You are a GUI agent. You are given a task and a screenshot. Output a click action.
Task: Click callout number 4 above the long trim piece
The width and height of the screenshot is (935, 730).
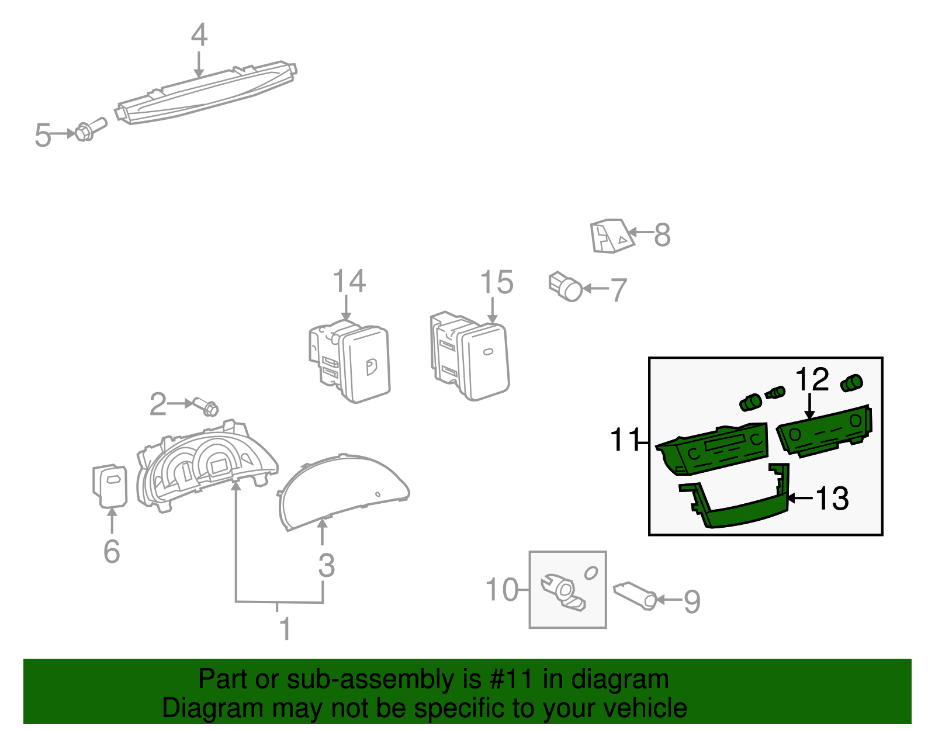pyautogui.click(x=199, y=35)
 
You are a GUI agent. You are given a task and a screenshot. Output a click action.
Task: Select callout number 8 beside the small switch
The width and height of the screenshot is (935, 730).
pyautogui.click(x=662, y=235)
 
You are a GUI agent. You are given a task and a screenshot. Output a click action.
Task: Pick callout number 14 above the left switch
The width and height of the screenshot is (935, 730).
pyautogui.click(x=349, y=281)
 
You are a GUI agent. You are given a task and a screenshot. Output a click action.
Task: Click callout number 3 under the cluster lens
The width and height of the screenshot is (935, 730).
pyautogui.click(x=327, y=565)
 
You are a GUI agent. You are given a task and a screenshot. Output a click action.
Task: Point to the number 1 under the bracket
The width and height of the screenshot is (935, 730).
pyautogui.click(x=285, y=629)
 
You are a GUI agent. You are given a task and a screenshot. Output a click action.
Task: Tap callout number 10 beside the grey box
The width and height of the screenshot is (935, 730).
pyautogui.click(x=502, y=589)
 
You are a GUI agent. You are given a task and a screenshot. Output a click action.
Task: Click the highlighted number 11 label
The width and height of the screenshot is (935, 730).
pyautogui.click(x=624, y=440)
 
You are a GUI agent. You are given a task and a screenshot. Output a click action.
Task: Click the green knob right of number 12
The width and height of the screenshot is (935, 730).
pyautogui.click(x=851, y=383)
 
